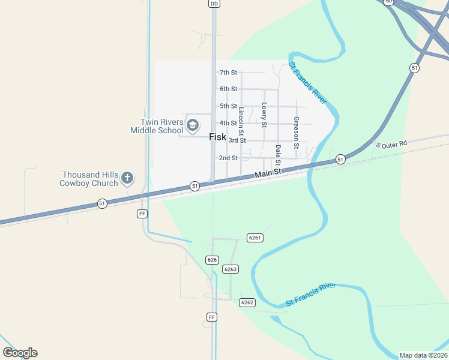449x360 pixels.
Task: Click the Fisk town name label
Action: point(217,137)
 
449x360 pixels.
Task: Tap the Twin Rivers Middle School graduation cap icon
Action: point(193,125)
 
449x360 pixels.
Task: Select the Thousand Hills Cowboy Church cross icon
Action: point(127,178)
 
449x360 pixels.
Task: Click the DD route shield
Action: point(214,4)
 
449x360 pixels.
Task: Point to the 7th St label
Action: point(228,73)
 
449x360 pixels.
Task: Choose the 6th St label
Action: point(228,89)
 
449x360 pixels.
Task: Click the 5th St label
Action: point(228,106)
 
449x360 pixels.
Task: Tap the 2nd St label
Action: point(228,158)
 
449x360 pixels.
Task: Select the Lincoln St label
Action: point(241,121)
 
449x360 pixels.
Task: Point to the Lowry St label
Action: point(264,115)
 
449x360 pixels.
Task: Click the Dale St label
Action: point(278,155)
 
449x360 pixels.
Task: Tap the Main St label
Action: point(268,173)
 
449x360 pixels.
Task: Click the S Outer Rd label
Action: point(391,145)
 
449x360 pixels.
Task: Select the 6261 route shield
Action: point(255,238)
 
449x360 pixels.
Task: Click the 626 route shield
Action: point(211,260)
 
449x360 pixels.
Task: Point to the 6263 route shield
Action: point(231,269)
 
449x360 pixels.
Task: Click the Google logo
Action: point(20,353)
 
